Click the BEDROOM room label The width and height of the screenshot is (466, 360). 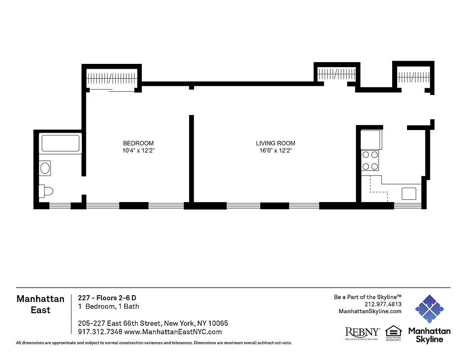138,143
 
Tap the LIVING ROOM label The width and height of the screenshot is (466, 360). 276,143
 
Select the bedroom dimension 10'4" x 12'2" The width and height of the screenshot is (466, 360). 138,151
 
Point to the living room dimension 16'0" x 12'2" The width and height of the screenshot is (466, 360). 276,151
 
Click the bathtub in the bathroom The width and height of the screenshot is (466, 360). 60,144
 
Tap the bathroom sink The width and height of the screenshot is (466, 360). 45,169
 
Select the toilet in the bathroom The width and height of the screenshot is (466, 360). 46,191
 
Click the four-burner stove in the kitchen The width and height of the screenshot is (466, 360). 370,160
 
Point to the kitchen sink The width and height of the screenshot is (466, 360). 410,193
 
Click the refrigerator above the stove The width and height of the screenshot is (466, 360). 371,139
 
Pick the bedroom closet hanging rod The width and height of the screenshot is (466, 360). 111,78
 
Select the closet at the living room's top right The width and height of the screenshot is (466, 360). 337,74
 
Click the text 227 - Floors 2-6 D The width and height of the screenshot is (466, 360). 107,297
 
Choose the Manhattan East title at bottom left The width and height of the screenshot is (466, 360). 40,304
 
